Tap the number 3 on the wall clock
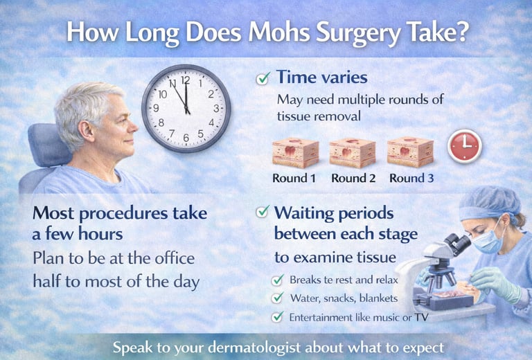coord(216,108)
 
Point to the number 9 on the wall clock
coord(156,108)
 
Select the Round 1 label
coord(294,179)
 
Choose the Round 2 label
coord(353,179)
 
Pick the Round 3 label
coord(411,179)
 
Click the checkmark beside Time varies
coord(263,79)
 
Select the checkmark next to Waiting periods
coord(263,213)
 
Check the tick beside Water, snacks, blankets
coord(277,298)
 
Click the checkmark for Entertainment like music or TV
coord(277,316)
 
